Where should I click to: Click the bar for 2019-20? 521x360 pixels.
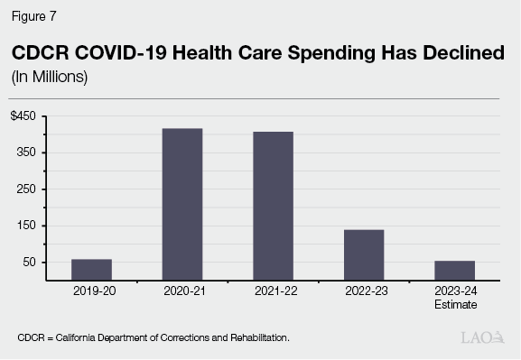point(91,270)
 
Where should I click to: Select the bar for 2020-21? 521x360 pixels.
point(181,204)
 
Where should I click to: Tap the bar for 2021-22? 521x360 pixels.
point(273,206)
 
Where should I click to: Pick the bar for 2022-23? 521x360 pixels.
point(363,254)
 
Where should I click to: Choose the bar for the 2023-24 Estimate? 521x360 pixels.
point(454,271)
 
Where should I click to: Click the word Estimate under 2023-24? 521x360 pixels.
point(454,305)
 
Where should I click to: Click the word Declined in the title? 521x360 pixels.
point(460,53)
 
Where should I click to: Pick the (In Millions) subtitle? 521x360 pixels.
point(49,77)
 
